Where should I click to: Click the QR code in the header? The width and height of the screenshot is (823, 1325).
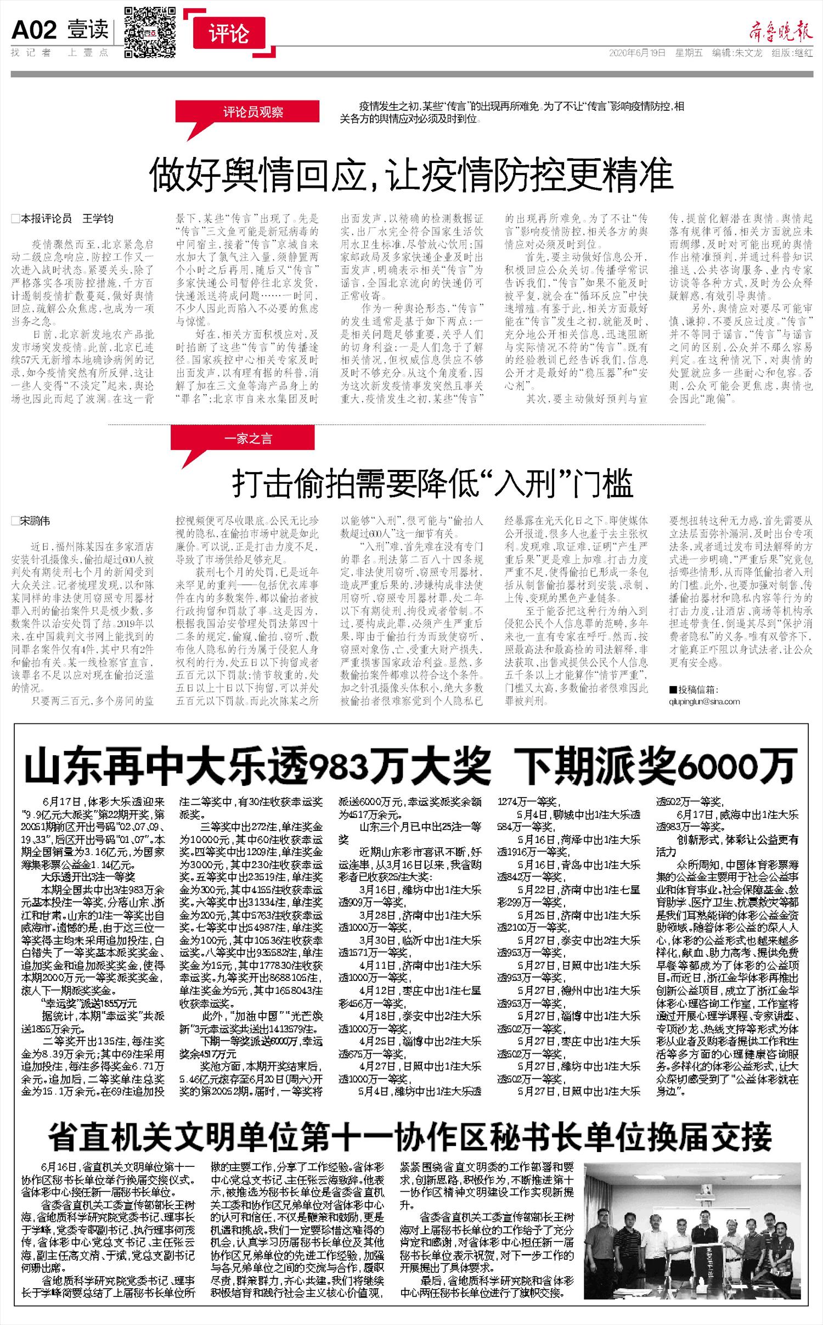pyautogui.click(x=150, y=32)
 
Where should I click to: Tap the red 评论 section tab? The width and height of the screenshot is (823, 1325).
pyautogui.click(x=229, y=35)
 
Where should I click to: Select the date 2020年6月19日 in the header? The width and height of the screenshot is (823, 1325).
pyautogui.click(x=637, y=53)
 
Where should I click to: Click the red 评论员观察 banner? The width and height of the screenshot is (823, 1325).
pyautogui.click(x=252, y=112)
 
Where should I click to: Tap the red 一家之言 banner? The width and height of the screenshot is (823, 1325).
pyautogui.click(x=247, y=439)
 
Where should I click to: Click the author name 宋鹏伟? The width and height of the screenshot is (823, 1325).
pyautogui.click(x=35, y=520)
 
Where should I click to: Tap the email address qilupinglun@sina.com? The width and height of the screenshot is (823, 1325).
pyautogui.click(x=704, y=701)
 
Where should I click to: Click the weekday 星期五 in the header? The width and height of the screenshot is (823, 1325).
pyautogui.click(x=689, y=53)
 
